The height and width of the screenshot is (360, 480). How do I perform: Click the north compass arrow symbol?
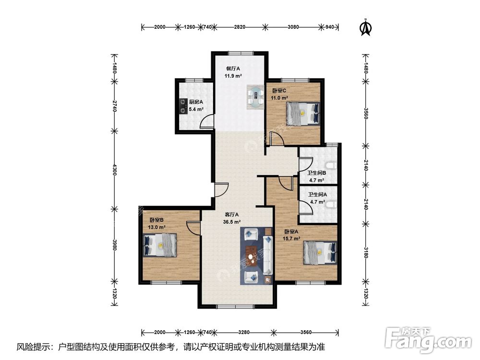(365, 27)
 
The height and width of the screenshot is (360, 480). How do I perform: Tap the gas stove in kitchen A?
(183, 106)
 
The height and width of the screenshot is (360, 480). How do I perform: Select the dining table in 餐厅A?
(256, 97)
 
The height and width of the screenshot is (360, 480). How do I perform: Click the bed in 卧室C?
(303, 114)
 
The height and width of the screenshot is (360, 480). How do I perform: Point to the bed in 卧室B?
(160, 245)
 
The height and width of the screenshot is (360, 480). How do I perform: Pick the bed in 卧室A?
(320, 252)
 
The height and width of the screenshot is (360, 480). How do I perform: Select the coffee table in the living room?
(252, 255)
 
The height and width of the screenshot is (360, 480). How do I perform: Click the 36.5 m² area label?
(232, 222)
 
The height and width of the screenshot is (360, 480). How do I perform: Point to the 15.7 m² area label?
(291, 239)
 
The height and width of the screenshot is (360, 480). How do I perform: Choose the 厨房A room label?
(196, 102)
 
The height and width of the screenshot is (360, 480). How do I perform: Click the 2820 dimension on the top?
(240, 27)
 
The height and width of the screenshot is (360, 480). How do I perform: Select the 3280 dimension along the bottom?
(244, 332)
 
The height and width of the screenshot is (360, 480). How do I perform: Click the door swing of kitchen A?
(206, 120)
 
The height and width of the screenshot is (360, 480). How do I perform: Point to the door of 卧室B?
(193, 228)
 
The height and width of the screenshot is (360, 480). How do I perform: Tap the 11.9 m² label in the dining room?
(233, 76)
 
